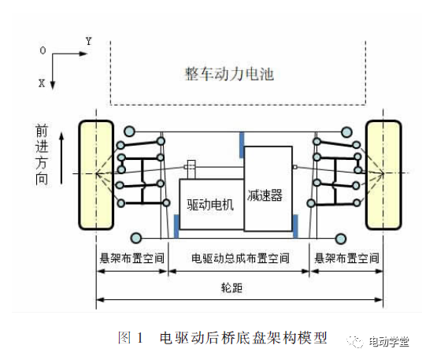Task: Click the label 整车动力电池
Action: pyautogui.click(x=229, y=74)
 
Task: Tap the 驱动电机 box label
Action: pyautogui.click(x=210, y=204)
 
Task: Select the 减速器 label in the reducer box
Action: pyautogui.click(x=265, y=195)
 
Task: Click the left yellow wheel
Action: pyautogui.click(x=96, y=175)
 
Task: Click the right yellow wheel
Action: pyautogui.click(x=383, y=175)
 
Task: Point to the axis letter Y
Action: pyautogui.click(x=89, y=41)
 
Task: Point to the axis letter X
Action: pyautogui.click(x=42, y=83)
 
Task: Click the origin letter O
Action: pyautogui.click(x=43, y=50)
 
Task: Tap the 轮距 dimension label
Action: pyautogui.click(x=231, y=288)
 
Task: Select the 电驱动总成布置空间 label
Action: pyautogui.click(x=240, y=258)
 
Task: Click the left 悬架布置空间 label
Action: pyautogui.click(x=132, y=258)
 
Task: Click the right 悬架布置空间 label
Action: pyautogui.click(x=346, y=258)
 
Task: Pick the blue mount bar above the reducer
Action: pyautogui.click(x=242, y=145)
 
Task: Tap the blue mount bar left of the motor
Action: pyautogui.click(x=176, y=226)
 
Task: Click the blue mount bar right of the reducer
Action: pyautogui.click(x=295, y=226)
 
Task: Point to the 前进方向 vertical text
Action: pyautogui.click(x=42, y=154)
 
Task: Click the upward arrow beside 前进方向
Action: pyautogui.click(x=61, y=158)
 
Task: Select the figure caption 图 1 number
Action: pyautogui.click(x=130, y=338)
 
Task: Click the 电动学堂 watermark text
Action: pyautogui.click(x=389, y=342)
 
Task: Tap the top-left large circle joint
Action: pyautogui.click(x=129, y=132)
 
